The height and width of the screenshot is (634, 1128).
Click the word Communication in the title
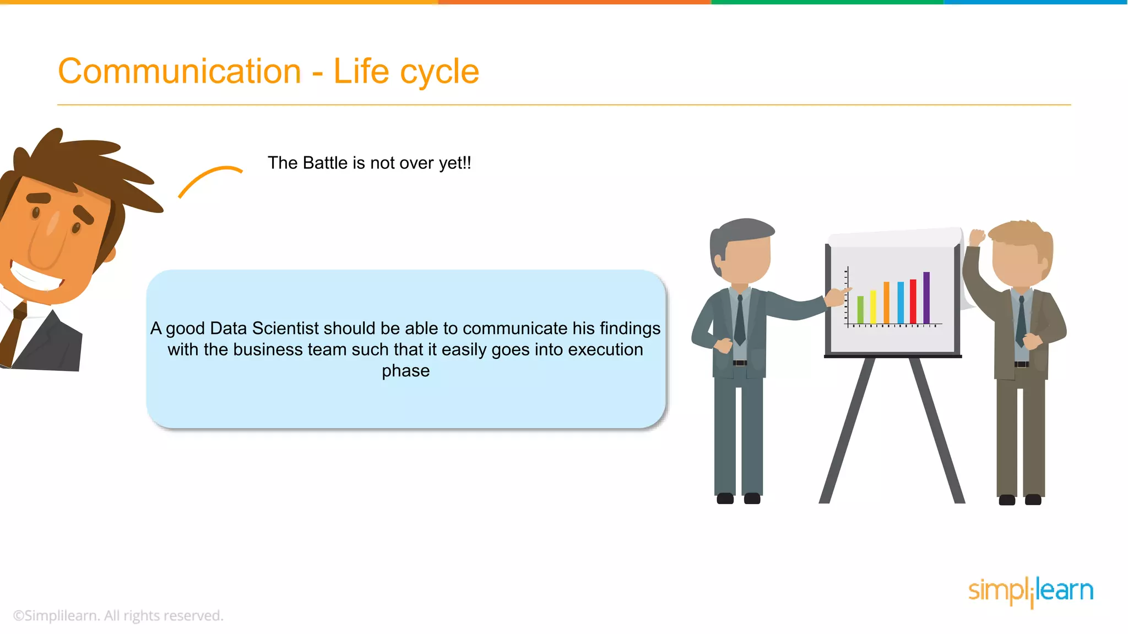coord(180,72)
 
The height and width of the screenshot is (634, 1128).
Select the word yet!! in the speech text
coord(455,163)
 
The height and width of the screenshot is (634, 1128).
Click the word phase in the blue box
coord(405,371)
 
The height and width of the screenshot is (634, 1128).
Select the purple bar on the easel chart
coord(926,297)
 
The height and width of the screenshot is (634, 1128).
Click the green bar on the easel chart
coord(860,309)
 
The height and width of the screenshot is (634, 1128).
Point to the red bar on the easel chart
coord(913,301)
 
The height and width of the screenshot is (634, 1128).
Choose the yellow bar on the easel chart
coord(873,307)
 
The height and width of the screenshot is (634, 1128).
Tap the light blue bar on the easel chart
coord(901,302)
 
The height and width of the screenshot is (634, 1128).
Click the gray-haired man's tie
coord(740,322)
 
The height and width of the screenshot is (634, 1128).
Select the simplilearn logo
coord(1031,591)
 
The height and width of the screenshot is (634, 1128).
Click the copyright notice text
coord(118,615)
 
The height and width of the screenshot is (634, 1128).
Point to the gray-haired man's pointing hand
coord(837,297)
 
